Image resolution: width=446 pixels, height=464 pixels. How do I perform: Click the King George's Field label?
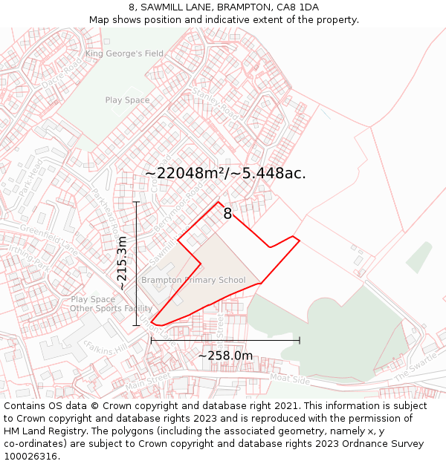pos(124,53)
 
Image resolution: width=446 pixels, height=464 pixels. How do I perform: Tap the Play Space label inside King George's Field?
pos(127,100)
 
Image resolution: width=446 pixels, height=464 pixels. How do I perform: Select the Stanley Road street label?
pos(215,105)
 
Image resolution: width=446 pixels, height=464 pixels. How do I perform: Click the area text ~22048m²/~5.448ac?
pos(225,173)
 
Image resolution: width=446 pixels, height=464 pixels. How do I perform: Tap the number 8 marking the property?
pos(227,214)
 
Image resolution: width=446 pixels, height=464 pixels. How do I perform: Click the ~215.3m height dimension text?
pos(123,264)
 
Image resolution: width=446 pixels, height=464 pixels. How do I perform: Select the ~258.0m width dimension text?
pos(225,356)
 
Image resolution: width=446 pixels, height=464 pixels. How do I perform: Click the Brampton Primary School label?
pos(193,280)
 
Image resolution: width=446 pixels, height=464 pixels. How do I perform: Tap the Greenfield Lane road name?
pos(49,238)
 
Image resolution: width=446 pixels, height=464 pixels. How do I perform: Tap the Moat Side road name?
pos(291,379)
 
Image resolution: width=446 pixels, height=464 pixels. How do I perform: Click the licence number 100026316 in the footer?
pos(30,457)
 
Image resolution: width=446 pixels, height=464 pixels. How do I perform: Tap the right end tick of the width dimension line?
pos(300,340)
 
